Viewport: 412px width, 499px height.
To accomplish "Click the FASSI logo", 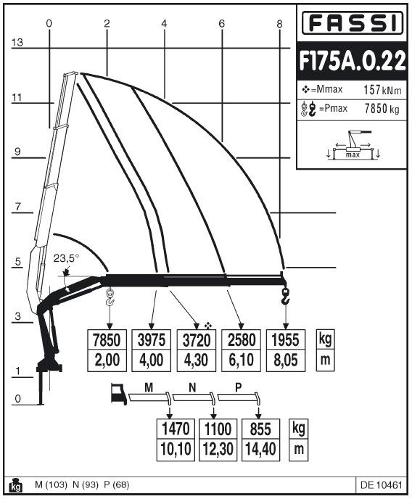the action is (x=353, y=22).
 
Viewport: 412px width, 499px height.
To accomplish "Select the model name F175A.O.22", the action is (x=353, y=61).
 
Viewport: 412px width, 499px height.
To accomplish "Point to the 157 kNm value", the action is (x=383, y=90).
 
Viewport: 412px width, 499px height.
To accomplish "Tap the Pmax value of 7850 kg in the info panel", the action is (x=382, y=109).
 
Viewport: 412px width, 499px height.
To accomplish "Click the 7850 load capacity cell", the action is (x=107, y=340).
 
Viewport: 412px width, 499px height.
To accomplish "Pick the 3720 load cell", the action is (x=197, y=340).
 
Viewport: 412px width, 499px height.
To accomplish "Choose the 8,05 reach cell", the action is (x=286, y=360).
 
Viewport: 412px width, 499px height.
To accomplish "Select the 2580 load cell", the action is (x=241, y=340).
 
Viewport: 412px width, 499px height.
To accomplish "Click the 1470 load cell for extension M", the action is (x=176, y=429).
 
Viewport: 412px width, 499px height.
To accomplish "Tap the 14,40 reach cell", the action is (x=260, y=450).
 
